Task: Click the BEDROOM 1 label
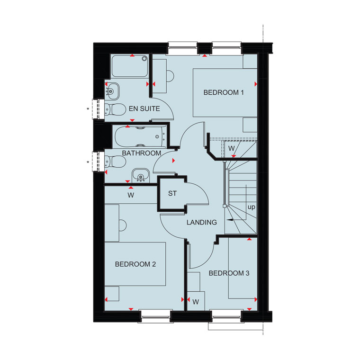tap(224, 92)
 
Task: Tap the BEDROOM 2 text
tap(135, 264)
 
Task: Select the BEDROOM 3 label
tap(229, 273)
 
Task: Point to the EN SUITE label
tap(144, 108)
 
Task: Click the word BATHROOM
tap(142, 153)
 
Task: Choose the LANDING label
tap(202, 222)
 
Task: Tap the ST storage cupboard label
tap(172, 194)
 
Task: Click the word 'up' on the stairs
tap(252, 207)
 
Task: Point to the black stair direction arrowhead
tap(230, 220)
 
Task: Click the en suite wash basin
tap(112, 91)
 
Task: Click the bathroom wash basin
tap(141, 176)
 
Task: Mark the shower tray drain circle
tap(144, 59)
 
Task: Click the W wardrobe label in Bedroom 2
tap(131, 195)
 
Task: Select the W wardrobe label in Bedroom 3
tap(196, 302)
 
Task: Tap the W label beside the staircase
tap(232, 149)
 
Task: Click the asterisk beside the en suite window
tap(88, 109)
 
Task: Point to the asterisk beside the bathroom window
tap(88, 162)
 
